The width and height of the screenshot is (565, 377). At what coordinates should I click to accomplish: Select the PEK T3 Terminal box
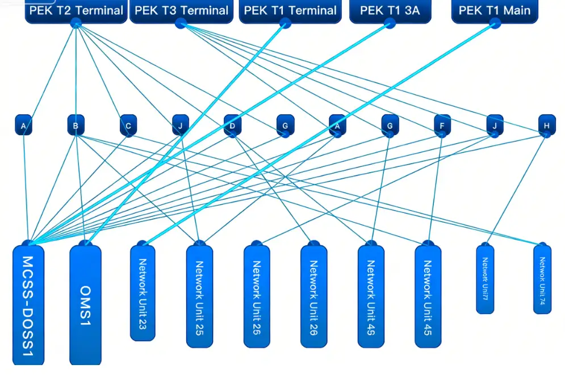pos(181,11)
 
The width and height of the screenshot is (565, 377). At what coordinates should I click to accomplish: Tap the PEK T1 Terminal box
pos(288,11)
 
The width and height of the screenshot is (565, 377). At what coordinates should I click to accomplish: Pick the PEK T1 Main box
pos(494,11)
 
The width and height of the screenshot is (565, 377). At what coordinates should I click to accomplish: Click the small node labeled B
pos(76,125)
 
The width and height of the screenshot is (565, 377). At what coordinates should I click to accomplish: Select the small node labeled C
pos(128,125)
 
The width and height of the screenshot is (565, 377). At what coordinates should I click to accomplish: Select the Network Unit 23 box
pos(143,293)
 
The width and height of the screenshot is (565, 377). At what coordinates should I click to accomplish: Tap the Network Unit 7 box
pos(485,278)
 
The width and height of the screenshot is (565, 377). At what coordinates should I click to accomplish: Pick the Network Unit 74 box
pos(542,278)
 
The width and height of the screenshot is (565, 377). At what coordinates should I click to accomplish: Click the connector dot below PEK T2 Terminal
pos(76,23)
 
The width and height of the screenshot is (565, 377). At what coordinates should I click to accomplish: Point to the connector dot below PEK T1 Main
pos(495,23)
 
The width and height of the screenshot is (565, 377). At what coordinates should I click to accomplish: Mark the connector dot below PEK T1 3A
pos(390,23)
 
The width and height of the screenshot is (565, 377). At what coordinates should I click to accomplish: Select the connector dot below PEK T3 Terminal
pos(181,23)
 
